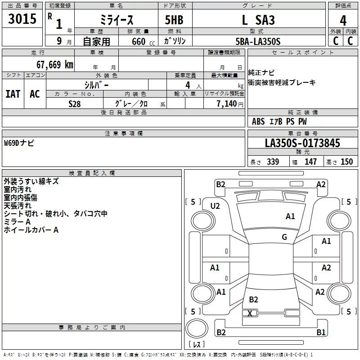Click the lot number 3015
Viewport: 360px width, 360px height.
tap(22, 19)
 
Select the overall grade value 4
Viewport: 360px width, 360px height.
tap(343, 20)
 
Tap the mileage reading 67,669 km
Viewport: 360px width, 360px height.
tap(54, 64)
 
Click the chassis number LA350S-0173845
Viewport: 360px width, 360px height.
tap(302, 144)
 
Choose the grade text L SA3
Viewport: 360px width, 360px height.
tap(258, 20)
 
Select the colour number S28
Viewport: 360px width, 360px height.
tap(74, 103)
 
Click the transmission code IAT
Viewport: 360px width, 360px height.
tap(13, 94)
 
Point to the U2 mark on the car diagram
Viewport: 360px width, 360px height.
tap(215, 206)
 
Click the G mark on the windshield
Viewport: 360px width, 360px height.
tap(284, 237)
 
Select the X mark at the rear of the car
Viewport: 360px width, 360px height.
tap(250, 313)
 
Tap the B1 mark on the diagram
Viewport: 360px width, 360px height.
tap(321, 332)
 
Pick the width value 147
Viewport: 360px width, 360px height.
tap(310, 162)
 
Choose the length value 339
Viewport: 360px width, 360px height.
tap(273, 162)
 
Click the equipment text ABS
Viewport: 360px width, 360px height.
tap(258, 121)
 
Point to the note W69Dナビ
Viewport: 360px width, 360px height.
tap(19, 143)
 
